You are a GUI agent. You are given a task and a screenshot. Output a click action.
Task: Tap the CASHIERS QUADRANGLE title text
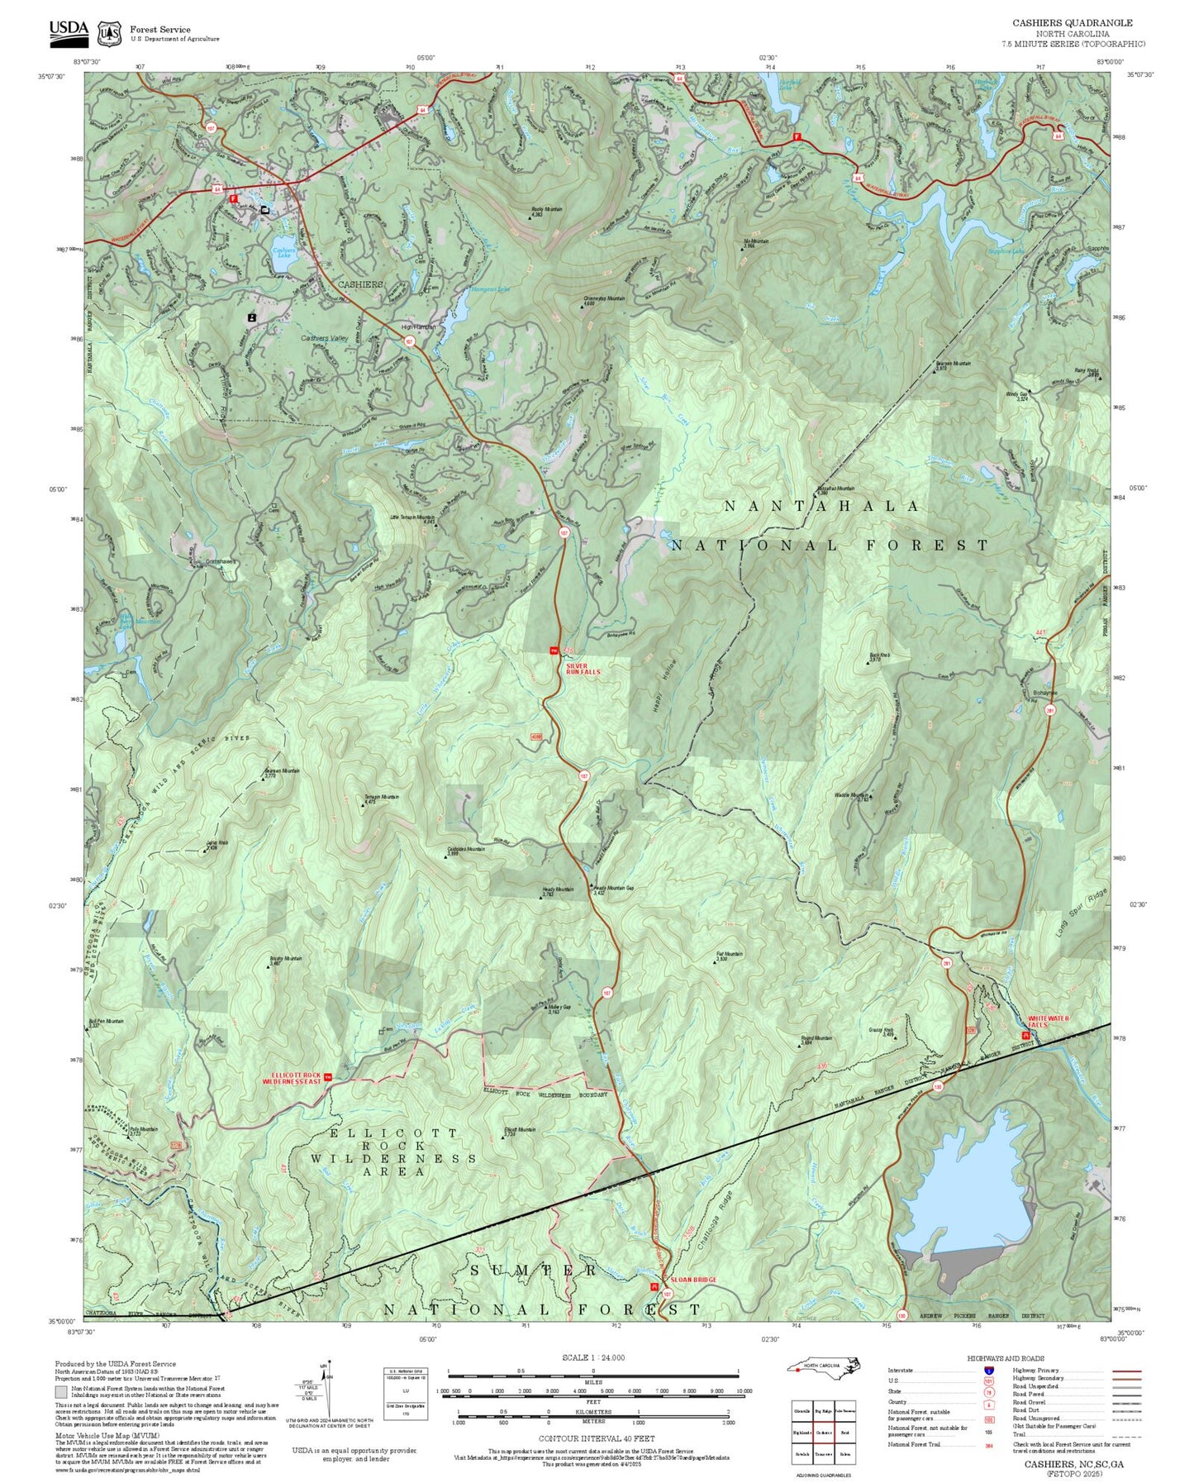click(x=1073, y=23)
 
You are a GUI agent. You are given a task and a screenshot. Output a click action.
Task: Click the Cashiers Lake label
click(x=283, y=253)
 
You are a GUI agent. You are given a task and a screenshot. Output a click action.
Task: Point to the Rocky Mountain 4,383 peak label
click(x=547, y=212)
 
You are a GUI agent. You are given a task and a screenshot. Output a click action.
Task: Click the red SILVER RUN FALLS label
click(x=583, y=669)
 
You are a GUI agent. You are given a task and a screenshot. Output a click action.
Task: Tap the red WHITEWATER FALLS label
click(x=1048, y=1022)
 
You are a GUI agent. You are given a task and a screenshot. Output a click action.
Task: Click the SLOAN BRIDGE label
click(x=693, y=1280)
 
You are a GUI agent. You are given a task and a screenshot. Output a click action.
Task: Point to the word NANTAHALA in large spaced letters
click(x=821, y=506)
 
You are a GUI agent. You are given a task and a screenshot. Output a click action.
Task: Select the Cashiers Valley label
click(x=324, y=338)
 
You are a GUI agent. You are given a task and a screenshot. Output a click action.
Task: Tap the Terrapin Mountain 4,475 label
click(x=382, y=799)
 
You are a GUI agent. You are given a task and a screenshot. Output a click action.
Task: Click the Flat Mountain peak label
click(x=729, y=956)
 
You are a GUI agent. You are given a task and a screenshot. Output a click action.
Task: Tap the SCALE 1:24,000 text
click(x=592, y=1357)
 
